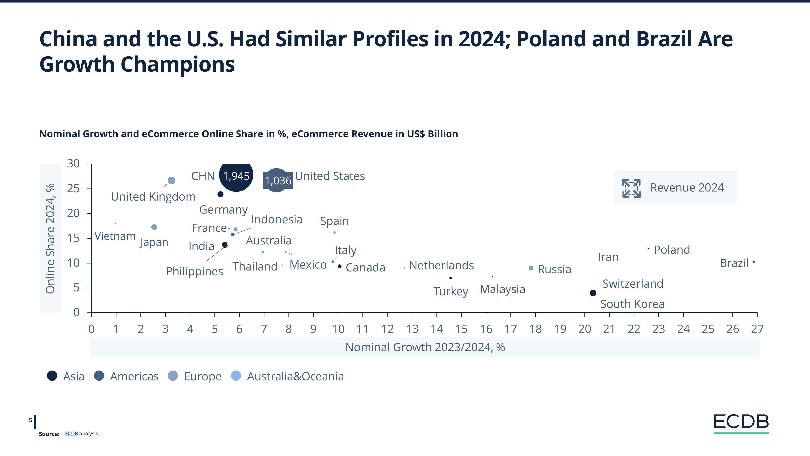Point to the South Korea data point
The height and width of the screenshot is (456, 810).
click(x=593, y=293)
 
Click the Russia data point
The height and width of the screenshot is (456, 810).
click(x=531, y=268)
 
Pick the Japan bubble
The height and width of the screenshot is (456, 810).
click(x=154, y=227)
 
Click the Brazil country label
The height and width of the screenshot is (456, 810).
click(x=734, y=263)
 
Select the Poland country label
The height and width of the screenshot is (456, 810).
click(x=672, y=250)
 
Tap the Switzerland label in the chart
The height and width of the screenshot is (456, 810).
click(x=633, y=284)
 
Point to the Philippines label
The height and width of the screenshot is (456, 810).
click(x=194, y=271)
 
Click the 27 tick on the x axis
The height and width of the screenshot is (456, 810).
click(x=757, y=329)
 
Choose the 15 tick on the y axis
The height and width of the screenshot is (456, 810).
click(x=73, y=238)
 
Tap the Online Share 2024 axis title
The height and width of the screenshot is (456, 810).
click(x=50, y=239)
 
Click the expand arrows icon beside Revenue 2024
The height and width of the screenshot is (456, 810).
click(x=631, y=188)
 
